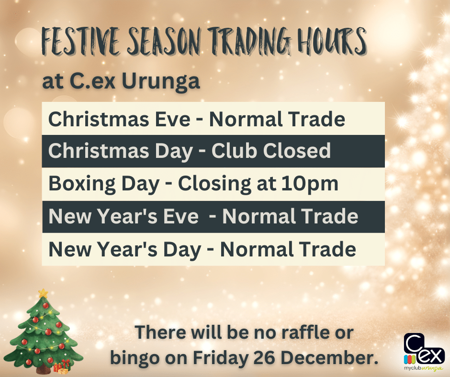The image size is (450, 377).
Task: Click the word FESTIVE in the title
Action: coord(81,42)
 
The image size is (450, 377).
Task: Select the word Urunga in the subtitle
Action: coord(161,81)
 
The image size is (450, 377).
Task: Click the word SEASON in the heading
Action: coord(164,42)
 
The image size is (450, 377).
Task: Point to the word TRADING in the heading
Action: coord(249,41)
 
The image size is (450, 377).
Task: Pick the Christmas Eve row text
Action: coord(197,119)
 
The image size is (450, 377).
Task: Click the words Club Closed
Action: coord(271,150)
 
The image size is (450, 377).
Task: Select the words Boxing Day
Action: coord(104,184)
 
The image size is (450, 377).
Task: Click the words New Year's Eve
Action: coord(124,216)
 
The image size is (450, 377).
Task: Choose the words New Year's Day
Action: coord(125,250)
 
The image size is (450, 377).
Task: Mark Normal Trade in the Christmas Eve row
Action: coord(277,119)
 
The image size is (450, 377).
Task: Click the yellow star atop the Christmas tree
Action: coord(44,293)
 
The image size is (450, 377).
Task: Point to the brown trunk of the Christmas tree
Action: coord(44,369)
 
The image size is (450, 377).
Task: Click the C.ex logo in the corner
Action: coord(424,352)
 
